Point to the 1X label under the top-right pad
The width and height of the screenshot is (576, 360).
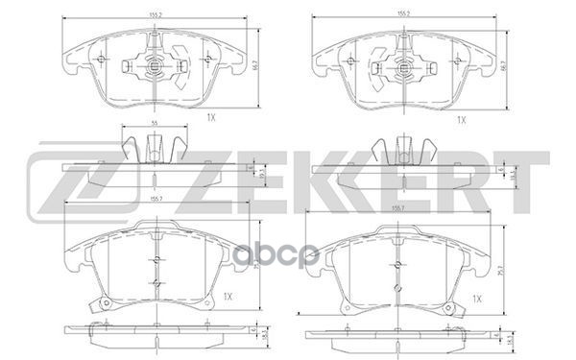(x=460, y=119)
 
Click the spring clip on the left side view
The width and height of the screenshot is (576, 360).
(x=154, y=149)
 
